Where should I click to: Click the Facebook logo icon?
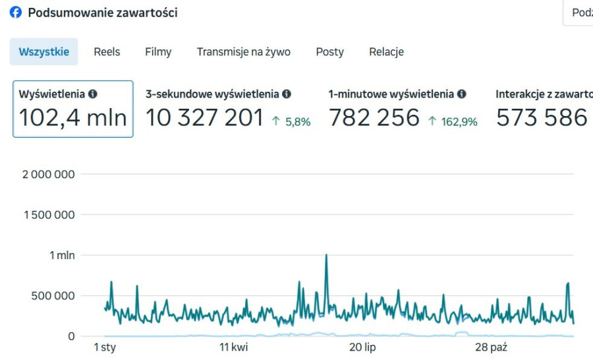tap(15, 13)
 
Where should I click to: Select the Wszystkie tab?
tap(43, 52)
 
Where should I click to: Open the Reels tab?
tap(107, 52)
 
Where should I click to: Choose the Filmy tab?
tap(158, 52)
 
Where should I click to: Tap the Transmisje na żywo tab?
tap(243, 52)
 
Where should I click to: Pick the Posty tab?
tap(329, 52)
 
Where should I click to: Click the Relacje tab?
tap(386, 52)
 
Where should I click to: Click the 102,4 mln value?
tap(72, 118)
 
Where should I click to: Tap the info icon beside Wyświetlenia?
tap(93, 94)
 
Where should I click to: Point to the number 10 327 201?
tap(204, 118)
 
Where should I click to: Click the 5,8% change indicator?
tap(291, 121)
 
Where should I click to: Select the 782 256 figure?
tap(374, 118)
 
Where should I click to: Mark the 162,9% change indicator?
tap(453, 121)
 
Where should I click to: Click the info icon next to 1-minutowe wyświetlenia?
tap(462, 94)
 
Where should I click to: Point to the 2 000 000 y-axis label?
tap(49, 174)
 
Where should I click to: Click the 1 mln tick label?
tap(62, 255)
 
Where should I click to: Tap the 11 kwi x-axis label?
tap(234, 347)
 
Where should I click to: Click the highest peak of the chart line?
tap(326, 255)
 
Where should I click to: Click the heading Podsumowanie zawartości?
tap(102, 13)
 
